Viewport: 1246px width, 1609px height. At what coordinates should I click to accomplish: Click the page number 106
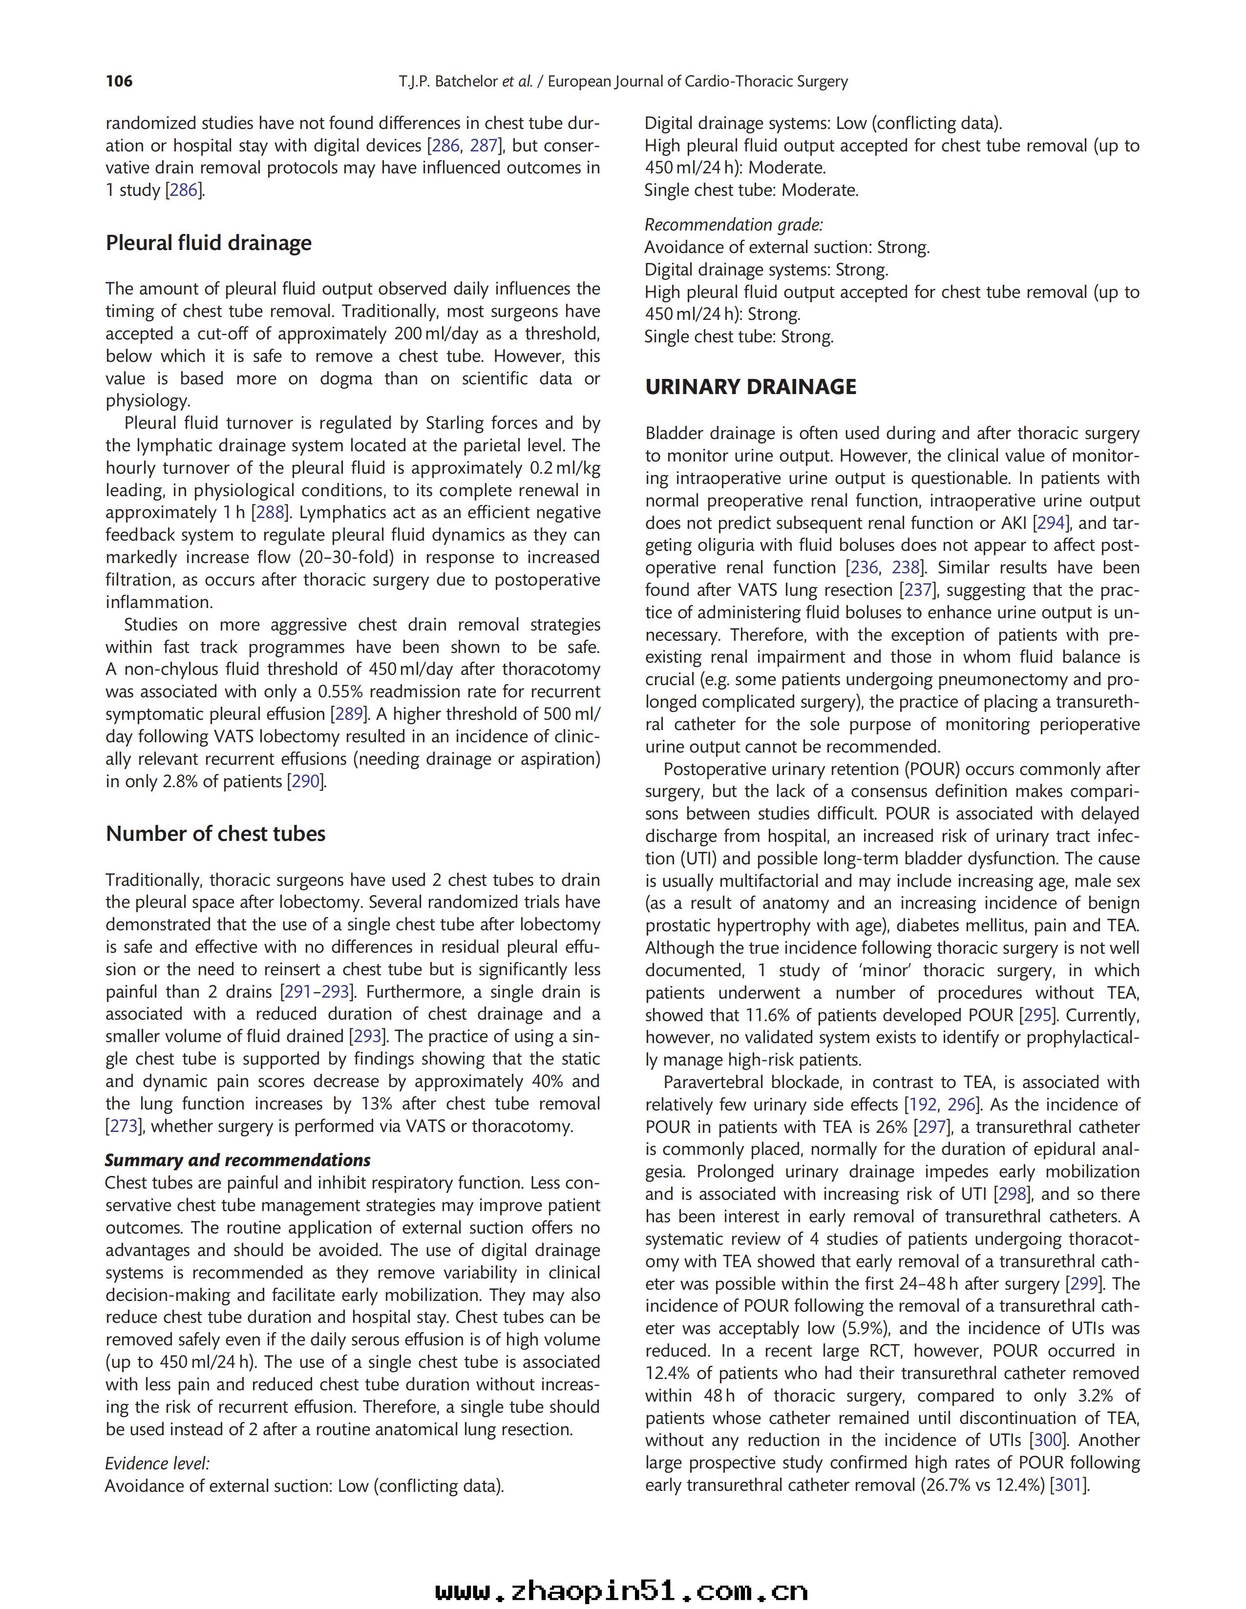point(119,81)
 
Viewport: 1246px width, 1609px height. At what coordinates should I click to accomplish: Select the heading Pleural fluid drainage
point(209,243)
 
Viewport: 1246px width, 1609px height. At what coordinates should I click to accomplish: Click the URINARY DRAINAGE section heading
point(750,387)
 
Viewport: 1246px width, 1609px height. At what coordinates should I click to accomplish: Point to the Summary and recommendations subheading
point(237,1160)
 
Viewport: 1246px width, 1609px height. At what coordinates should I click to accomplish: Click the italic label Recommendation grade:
point(733,225)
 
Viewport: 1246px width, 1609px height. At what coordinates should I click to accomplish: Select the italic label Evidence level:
point(157,1463)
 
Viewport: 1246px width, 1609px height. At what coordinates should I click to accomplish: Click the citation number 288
point(269,513)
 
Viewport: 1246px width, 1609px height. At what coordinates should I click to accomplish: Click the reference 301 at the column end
point(1068,1484)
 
